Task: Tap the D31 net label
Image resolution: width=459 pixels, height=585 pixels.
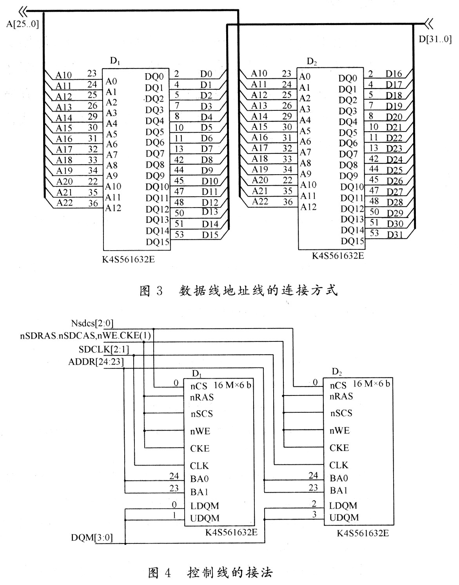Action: tap(395, 235)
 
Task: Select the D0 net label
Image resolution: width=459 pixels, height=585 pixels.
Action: tap(206, 74)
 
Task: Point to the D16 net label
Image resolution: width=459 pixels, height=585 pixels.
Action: tap(394, 74)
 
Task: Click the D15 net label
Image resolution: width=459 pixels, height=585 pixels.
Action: tap(210, 235)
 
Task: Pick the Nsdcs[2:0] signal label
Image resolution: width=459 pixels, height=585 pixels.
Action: tap(93, 323)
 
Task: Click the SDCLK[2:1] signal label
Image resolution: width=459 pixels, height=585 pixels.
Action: tap(103, 350)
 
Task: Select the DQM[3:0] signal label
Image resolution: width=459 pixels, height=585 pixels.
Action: tap(92, 538)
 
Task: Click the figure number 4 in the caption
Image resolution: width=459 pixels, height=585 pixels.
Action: tap(167, 573)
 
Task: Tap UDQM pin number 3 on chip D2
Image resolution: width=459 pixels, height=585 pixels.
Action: tap(314, 515)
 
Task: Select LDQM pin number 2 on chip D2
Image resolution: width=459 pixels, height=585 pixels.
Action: tap(314, 504)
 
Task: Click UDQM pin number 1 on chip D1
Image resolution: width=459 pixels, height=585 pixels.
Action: tap(175, 515)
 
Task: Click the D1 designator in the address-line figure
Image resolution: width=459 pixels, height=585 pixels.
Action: tap(115, 61)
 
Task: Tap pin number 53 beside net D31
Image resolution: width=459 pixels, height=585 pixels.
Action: tap(374, 233)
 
